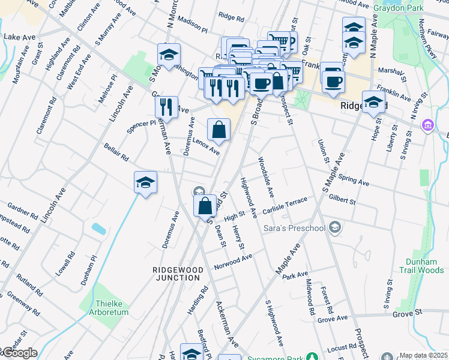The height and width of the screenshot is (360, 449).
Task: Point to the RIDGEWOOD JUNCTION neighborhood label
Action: (x=176, y=274)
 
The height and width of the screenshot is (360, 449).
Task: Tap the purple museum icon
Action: (x=427, y=125)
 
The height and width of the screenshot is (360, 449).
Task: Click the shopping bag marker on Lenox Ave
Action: (x=218, y=130)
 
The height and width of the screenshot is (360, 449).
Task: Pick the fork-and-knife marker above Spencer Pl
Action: (x=166, y=107)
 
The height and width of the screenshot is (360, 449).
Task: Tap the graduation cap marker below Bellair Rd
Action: (x=145, y=183)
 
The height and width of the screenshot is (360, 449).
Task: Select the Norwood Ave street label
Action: (x=234, y=262)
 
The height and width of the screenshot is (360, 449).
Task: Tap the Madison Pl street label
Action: (x=192, y=27)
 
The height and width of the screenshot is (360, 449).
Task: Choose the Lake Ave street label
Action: (x=19, y=37)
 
